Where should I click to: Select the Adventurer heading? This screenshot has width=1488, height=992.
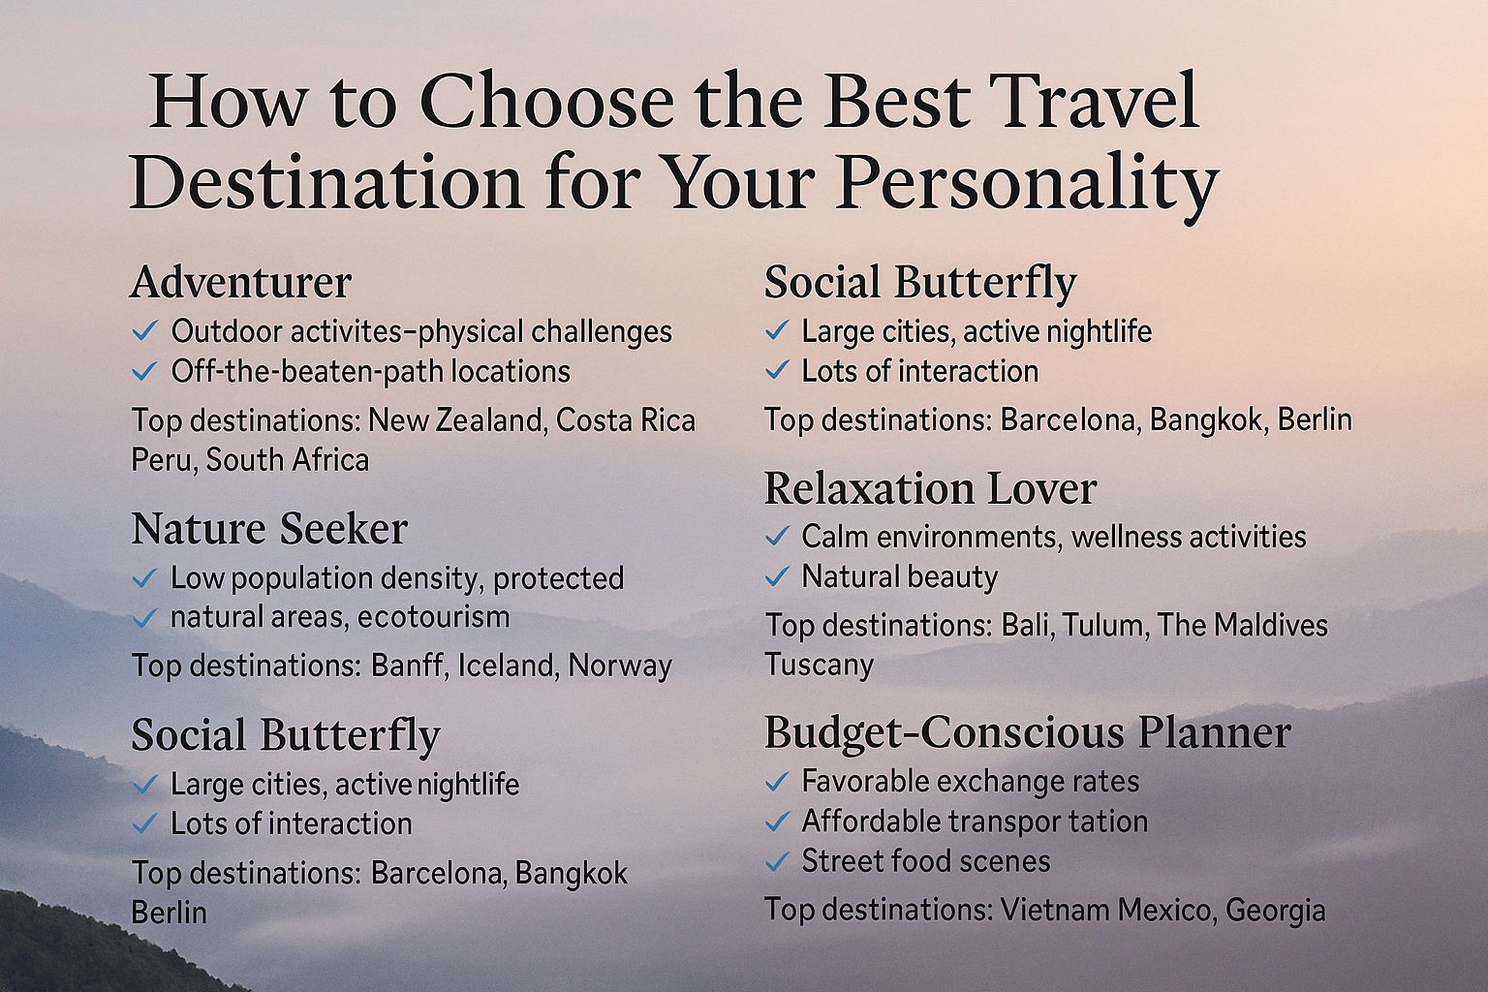240,282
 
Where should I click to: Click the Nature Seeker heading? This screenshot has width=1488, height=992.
269,530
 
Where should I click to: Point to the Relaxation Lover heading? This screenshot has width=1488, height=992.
930,489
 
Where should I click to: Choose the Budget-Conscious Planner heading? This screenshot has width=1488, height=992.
1027,733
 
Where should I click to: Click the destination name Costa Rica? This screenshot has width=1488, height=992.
626,420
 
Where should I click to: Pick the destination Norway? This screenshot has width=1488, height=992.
620,666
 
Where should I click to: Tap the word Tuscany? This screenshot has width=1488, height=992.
819,666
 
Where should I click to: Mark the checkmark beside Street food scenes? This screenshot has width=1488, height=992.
777,862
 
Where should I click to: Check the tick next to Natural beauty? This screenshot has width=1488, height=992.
777,576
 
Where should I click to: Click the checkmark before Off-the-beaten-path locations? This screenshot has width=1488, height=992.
144,371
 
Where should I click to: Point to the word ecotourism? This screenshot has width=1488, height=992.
433,618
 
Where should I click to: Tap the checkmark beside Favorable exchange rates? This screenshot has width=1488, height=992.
777,782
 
